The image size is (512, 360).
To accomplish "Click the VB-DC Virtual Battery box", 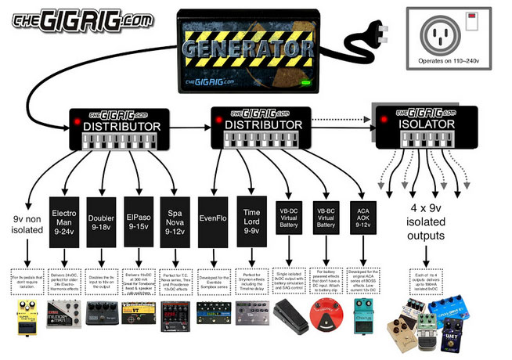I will [x=290, y=214].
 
